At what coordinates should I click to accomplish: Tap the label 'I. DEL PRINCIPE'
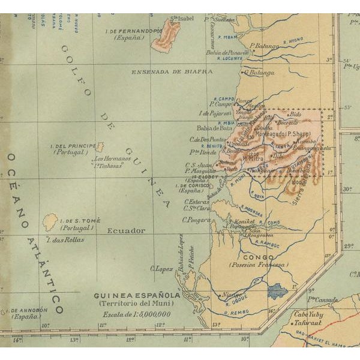[74, 146]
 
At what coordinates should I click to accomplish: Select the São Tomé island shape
[50, 221]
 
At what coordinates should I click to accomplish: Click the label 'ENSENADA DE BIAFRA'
[172, 71]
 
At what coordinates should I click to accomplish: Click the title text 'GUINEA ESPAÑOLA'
[137, 296]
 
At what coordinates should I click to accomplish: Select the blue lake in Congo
[277, 292]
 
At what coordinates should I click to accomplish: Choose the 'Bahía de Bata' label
[214, 128]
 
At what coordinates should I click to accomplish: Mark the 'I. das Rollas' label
[62, 239]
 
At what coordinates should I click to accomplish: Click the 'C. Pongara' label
[197, 220]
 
